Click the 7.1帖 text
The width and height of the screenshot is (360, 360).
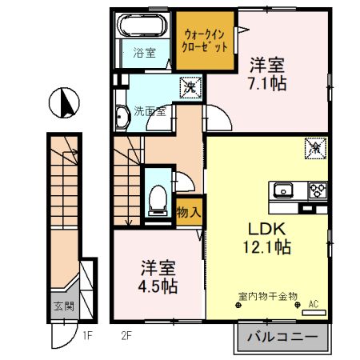coord(266,82)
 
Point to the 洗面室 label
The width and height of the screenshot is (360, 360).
coord(150,111)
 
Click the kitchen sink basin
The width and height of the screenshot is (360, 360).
coord(284,190)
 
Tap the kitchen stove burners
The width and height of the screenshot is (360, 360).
coord(318,190)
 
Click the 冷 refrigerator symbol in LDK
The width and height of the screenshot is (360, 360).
coord(314,147)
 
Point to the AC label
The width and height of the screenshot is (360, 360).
coord(313,302)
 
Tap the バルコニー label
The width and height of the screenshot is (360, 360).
coord(282,337)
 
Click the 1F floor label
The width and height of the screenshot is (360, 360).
coord(87,334)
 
